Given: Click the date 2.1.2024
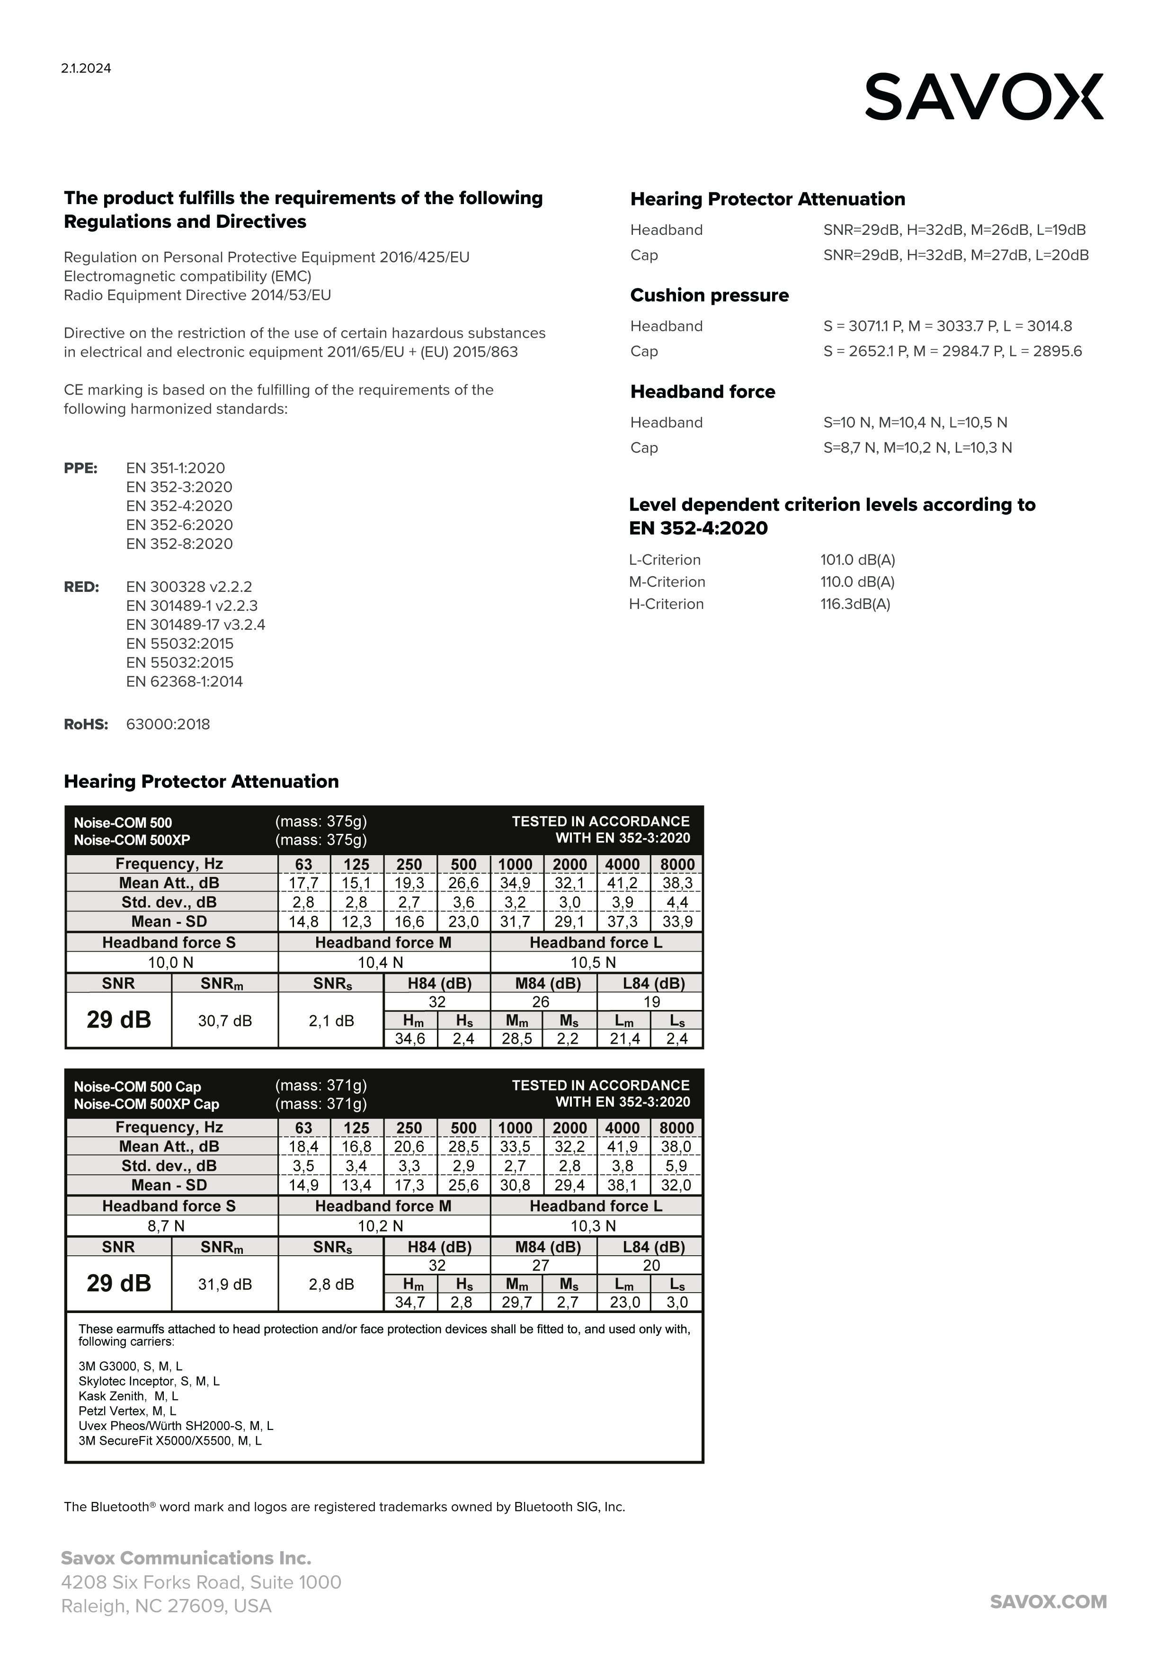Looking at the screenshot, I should tap(86, 69).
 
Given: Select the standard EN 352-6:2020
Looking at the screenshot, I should tap(179, 525).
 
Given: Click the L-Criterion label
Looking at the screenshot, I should tap(665, 560).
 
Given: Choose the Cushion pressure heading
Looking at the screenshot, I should tap(709, 295).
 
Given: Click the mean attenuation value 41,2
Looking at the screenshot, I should tap(623, 883).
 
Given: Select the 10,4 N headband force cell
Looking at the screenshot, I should tap(381, 962).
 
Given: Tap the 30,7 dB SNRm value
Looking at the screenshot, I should tap(225, 1021).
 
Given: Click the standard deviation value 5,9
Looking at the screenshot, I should tap(676, 1166).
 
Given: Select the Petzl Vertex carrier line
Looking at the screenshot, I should tap(127, 1411).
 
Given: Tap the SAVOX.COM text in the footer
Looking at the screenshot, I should tap(1048, 1601).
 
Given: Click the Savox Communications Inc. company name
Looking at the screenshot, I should tap(186, 1558).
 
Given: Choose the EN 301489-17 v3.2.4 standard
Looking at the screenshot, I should tap(196, 625).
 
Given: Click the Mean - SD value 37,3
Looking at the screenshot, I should tap(623, 921).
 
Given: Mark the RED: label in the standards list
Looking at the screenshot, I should tap(82, 587).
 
